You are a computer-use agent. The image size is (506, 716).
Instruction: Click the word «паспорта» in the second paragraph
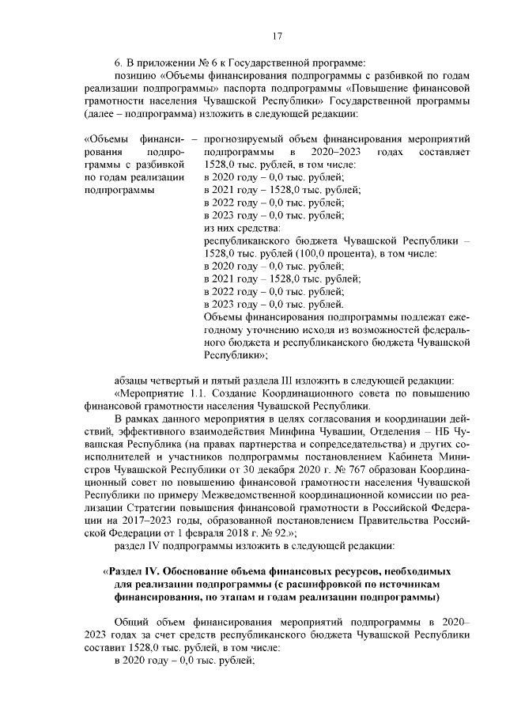click(x=266, y=81)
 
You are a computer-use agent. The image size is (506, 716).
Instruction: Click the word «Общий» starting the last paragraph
click(x=130, y=621)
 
